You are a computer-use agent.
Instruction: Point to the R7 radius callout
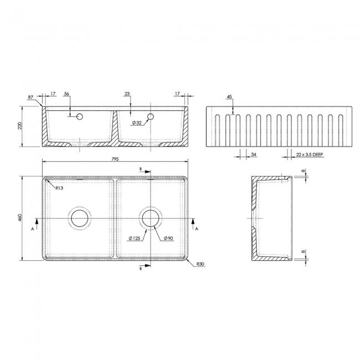coord(32,98)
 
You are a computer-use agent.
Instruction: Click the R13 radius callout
coord(59,188)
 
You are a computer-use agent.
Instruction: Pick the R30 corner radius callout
coord(200,265)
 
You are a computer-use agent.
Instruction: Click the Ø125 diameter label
coord(133,238)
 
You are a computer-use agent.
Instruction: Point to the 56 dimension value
coord(67,94)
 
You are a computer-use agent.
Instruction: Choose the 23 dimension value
coord(127,94)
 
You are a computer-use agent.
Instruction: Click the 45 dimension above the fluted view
coord(229,97)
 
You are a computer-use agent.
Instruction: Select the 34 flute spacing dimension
coord(254,155)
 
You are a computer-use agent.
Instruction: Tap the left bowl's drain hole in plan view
coord(80,218)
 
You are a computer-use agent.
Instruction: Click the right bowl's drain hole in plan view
coord(150,218)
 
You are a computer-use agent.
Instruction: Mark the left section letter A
coord(33,227)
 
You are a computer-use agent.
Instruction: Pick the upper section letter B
coord(141,168)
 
